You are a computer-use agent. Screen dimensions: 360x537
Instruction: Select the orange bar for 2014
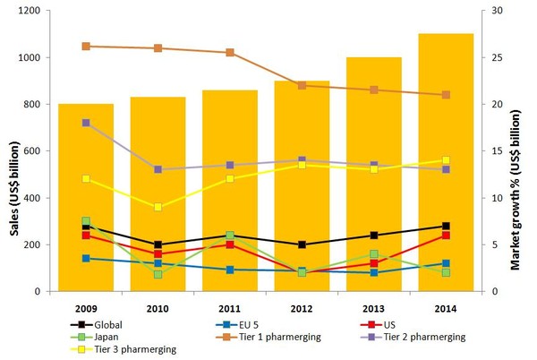coord(446,179)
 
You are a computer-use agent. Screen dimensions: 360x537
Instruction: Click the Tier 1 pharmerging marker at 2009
coord(86,47)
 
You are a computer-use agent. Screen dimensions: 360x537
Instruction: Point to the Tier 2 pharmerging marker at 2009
coord(86,123)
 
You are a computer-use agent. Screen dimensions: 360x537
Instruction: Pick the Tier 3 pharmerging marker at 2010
coord(158,207)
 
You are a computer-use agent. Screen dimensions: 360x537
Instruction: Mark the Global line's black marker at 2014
coord(446,226)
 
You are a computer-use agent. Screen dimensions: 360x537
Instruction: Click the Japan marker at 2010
coord(158,274)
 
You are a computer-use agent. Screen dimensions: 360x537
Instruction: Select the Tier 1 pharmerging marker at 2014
coord(446,95)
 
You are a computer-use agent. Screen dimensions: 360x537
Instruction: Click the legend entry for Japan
coord(103,336)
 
